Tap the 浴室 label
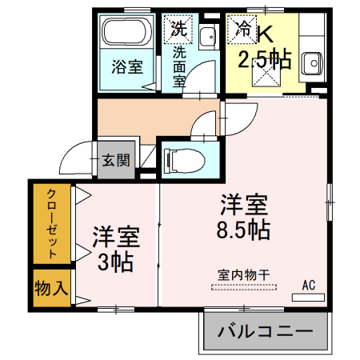(x=127, y=67)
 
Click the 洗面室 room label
(x=178, y=66)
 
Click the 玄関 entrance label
(x=114, y=159)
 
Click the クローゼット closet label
(x=51, y=225)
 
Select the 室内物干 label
(x=243, y=274)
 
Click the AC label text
(x=309, y=284)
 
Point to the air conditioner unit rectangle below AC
(x=309, y=297)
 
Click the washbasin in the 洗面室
(x=209, y=37)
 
